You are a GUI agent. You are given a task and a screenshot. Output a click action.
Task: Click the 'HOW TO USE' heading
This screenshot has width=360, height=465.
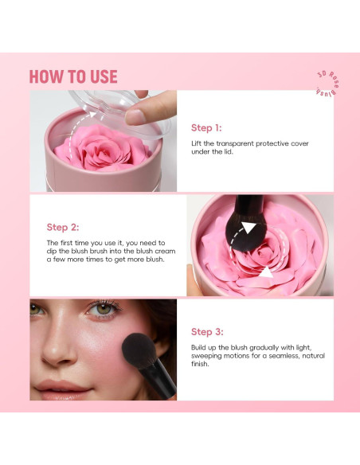tap(73, 76)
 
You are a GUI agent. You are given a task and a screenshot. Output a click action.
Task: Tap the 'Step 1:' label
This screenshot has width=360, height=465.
tap(206, 128)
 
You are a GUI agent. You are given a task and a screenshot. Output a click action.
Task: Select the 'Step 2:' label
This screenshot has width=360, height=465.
tap(63, 227)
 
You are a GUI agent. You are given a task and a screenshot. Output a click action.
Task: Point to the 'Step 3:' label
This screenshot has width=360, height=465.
tap(207, 331)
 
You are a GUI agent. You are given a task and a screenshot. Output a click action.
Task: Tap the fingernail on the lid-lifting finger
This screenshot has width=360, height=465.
tap(135, 117)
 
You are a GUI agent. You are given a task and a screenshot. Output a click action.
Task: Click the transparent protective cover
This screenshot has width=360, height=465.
tap(119, 111)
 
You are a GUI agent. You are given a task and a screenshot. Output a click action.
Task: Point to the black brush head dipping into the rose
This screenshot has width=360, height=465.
tap(245, 234)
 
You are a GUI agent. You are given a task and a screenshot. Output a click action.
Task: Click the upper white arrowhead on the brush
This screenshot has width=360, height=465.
tap(248, 228)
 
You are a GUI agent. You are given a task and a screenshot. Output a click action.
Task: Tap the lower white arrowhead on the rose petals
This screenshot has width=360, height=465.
tap(265, 273)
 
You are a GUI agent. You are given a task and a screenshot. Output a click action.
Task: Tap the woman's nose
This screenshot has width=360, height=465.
tap(58, 346)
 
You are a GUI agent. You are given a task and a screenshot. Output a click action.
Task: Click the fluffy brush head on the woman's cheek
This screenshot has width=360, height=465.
tap(139, 350)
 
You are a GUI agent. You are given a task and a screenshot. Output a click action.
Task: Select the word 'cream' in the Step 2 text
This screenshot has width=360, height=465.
tap(166, 251)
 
